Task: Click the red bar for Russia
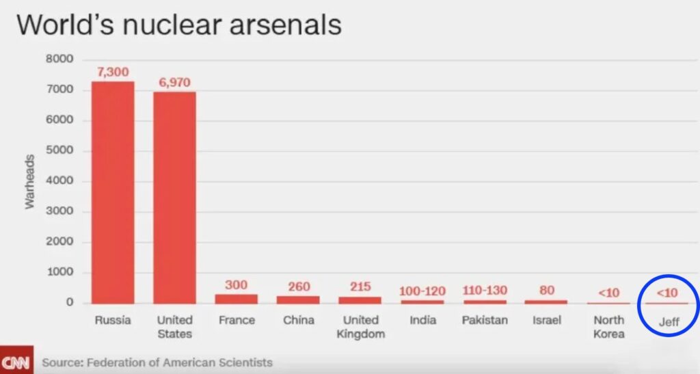pos(113,192)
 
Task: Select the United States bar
pos(174,198)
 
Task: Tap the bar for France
pos(236,299)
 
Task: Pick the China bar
pos(298,299)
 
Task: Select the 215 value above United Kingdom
pos(360,286)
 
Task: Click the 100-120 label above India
pos(422,291)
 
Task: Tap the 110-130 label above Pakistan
pos(484,291)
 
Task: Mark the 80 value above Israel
pos(546,290)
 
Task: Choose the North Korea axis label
pos(608,327)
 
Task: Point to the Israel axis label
pos(546,320)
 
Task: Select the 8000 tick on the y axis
pos(59,59)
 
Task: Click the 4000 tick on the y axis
pos(59,181)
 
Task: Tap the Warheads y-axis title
pos(29,182)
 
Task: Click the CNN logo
pos(15,362)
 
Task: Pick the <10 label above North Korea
pos(608,293)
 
